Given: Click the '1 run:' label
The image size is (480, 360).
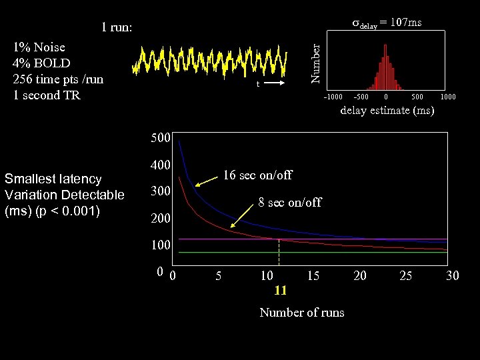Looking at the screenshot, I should [x=117, y=28].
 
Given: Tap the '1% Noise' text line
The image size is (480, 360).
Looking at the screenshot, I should [x=39, y=47].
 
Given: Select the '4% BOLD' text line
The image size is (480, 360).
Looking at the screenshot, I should [x=41, y=63].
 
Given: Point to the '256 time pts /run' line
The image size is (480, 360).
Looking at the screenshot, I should [x=58, y=79].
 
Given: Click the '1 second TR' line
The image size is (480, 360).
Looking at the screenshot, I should [x=47, y=95].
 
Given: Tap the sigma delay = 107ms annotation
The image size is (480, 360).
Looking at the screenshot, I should [x=387, y=23].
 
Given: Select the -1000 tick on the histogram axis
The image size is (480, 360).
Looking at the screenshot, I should [x=333, y=97].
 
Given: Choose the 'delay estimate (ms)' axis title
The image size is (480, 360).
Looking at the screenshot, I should [x=387, y=111].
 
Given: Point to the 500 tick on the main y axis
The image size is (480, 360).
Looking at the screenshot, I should [x=160, y=139].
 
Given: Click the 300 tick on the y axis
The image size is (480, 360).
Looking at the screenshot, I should [x=160, y=191].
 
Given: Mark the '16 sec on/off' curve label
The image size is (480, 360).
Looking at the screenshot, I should [x=257, y=175].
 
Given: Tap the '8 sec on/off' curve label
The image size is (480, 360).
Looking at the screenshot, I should [x=289, y=202].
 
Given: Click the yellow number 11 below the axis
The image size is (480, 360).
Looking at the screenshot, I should [x=280, y=291].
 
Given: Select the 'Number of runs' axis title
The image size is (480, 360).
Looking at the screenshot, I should [x=302, y=313].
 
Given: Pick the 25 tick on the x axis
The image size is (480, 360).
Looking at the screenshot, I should [x=405, y=275].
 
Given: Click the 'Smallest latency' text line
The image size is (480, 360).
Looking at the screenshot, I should [x=53, y=179].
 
